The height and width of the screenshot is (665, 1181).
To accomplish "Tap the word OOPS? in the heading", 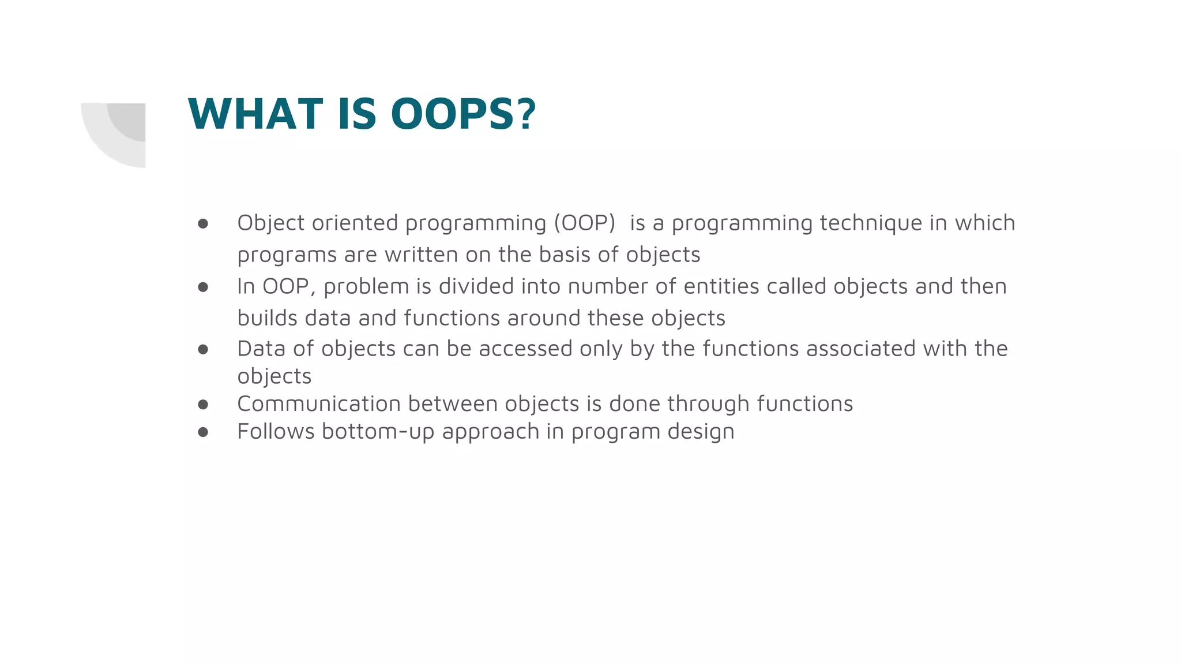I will (x=464, y=114).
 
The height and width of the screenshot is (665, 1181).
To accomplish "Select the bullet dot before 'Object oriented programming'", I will (x=203, y=223).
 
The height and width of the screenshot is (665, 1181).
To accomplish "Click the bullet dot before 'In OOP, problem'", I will (x=203, y=287).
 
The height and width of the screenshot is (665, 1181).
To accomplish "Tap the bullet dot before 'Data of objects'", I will (x=203, y=349).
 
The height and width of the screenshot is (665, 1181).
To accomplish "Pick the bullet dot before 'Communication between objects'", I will (x=203, y=404).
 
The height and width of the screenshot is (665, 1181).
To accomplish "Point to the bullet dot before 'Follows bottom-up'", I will (x=203, y=432).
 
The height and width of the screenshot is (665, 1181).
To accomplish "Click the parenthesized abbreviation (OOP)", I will (x=585, y=223).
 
